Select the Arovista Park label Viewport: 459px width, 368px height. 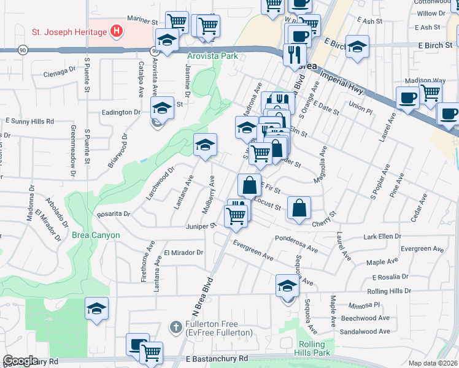tap(212, 56)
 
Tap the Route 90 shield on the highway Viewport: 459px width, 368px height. tap(23, 50)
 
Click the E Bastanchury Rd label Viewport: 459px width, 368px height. tap(218, 358)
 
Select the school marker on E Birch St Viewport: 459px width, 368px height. tap(356, 47)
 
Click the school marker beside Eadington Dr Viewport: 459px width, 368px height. tap(161, 109)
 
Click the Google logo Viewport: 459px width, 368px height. tap(20, 361)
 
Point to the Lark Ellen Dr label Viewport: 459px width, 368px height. tap(382, 236)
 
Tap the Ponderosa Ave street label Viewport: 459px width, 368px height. tap(296, 244)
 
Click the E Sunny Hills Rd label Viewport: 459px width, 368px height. tap(28, 122)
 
